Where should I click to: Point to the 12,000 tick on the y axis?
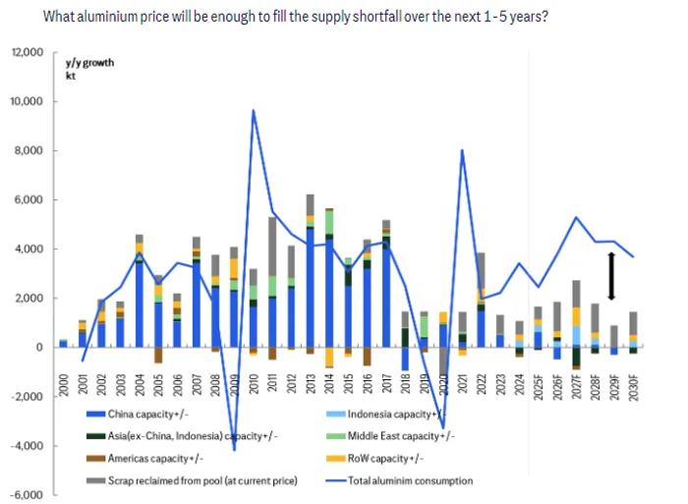(x=29, y=52)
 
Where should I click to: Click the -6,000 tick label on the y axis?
(x=29, y=494)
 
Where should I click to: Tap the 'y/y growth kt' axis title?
(x=89, y=69)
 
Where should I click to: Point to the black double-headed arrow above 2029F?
(x=610, y=276)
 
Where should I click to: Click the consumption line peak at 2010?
(x=254, y=110)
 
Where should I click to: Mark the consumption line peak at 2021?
(x=461, y=150)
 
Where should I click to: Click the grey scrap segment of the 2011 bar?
(x=272, y=246)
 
